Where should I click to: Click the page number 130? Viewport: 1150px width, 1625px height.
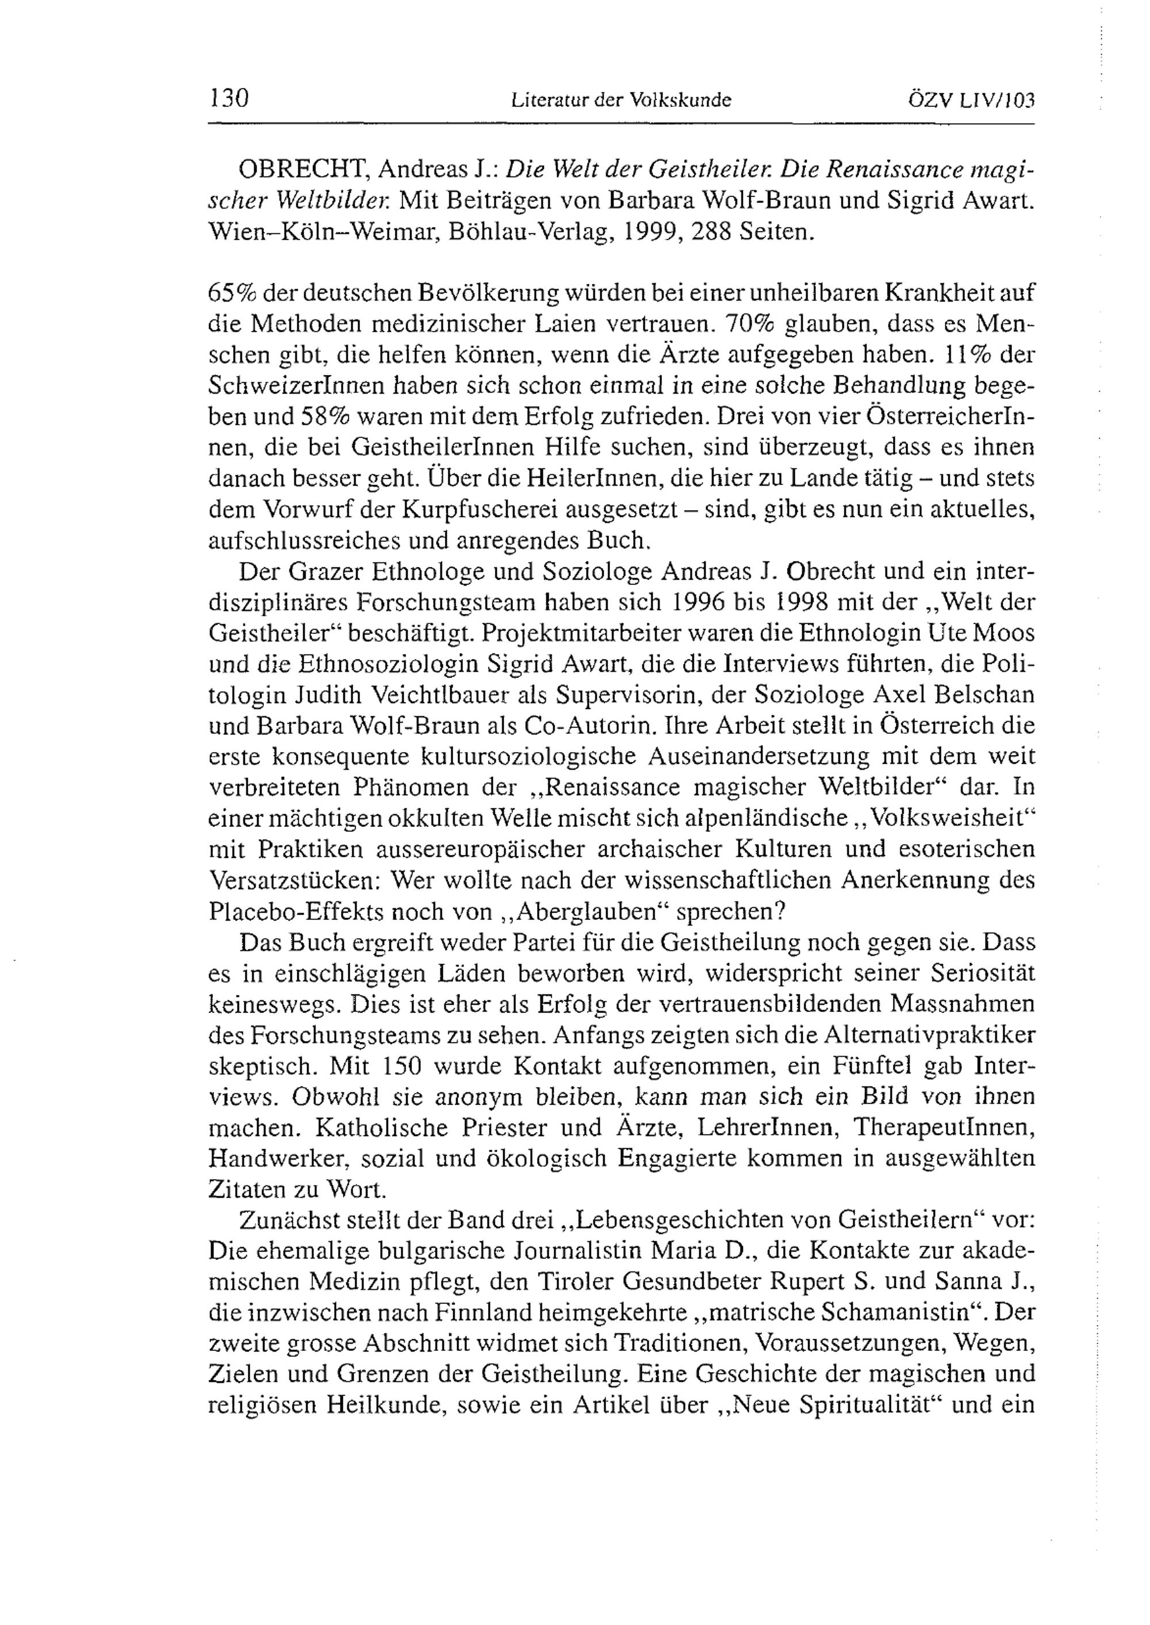pyautogui.click(x=229, y=98)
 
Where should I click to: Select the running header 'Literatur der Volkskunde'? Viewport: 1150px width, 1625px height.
pyautogui.click(x=620, y=101)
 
